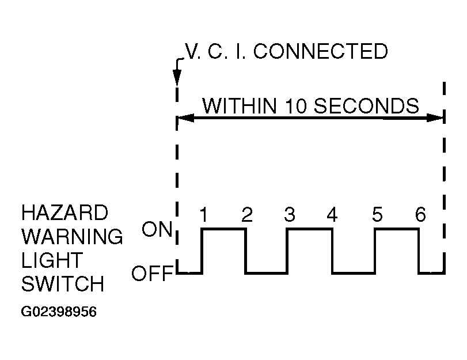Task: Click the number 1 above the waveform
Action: (203, 215)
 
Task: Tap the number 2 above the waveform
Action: (246, 215)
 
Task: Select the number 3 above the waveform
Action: (289, 215)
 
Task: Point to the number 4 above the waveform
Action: (332, 215)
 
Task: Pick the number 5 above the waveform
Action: (377, 215)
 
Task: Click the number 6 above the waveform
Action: (420, 215)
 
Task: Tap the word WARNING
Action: (72, 236)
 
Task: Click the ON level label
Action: (157, 230)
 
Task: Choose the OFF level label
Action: (153, 274)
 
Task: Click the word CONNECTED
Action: (320, 52)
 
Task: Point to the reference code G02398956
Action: (59, 312)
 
